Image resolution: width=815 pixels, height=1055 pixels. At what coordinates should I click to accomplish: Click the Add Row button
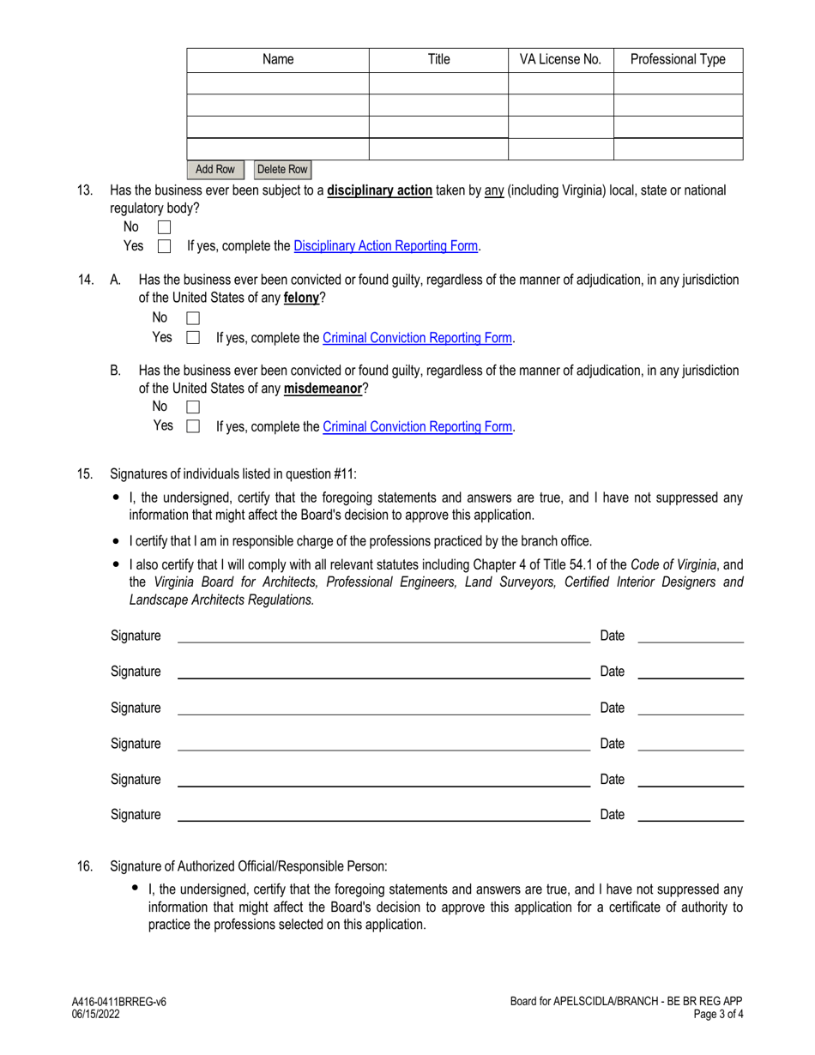tap(214, 170)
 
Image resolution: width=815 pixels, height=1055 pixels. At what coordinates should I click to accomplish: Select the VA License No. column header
tap(561, 60)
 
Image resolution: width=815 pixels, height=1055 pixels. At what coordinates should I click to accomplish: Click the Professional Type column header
tap(678, 60)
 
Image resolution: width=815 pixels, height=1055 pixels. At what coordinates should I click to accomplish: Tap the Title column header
tap(438, 60)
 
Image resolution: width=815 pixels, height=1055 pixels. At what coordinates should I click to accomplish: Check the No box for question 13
tap(165, 228)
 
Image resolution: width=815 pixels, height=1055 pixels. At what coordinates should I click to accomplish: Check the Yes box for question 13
tap(165, 247)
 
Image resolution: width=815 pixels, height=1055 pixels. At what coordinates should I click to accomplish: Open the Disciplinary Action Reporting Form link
tap(386, 246)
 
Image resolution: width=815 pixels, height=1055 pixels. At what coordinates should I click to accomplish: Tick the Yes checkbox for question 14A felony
tap(193, 338)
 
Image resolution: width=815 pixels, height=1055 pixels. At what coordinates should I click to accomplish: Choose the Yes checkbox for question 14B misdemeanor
tap(193, 426)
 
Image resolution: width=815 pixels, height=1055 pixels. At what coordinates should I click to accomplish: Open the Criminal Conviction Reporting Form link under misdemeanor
tap(418, 426)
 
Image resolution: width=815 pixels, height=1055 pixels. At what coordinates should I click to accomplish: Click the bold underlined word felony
tap(301, 298)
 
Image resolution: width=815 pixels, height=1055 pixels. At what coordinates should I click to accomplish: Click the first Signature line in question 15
tap(383, 636)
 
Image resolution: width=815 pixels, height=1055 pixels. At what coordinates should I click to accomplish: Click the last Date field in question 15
tap(691, 815)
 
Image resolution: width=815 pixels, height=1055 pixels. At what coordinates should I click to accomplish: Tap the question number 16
tap(85, 867)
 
